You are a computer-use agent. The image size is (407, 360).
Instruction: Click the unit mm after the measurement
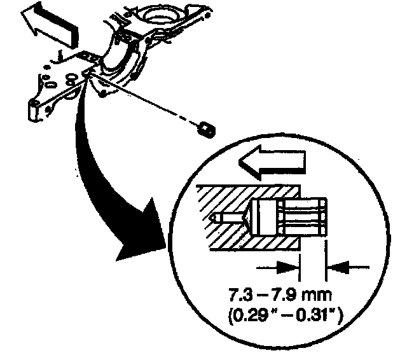[x=313, y=296]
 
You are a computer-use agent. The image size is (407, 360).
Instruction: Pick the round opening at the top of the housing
[x=155, y=14]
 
